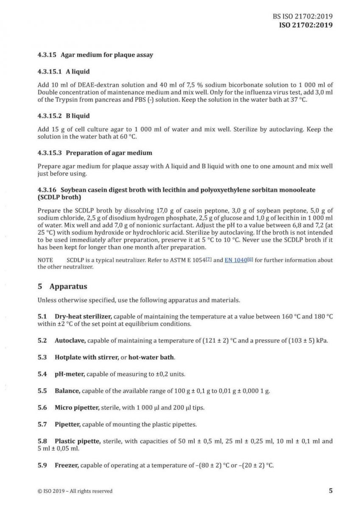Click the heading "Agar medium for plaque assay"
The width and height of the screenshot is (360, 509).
(107, 55)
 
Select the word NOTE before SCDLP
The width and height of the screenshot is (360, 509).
(45, 260)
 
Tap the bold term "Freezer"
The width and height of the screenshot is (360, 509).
(67, 465)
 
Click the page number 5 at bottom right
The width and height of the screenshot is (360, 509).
(330, 491)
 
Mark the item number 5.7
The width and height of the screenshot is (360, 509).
(42, 425)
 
